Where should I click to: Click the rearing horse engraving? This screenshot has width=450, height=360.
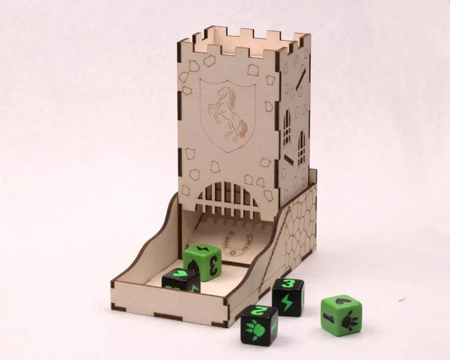click(x=228, y=113)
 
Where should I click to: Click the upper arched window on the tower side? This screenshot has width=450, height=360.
click(x=287, y=124)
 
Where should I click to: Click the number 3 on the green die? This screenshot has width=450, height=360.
click(x=214, y=265)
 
